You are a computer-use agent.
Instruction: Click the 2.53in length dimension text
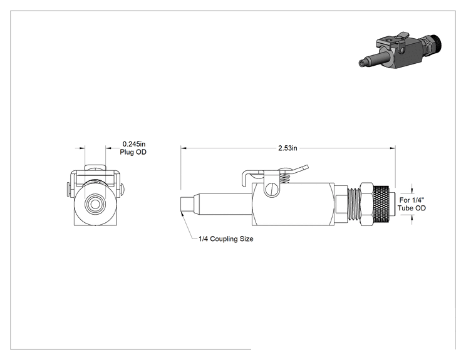[287, 148]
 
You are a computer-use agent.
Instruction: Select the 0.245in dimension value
[134, 144]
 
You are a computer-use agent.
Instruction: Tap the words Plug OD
[133, 152]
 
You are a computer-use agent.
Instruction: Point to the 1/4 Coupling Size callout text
[226, 239]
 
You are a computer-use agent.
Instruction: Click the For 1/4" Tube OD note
[412, 204]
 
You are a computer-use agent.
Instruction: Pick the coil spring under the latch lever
[285, 178]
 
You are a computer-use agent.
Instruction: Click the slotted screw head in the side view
[271, 190]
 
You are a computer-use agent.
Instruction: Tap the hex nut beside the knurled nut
[366, 203]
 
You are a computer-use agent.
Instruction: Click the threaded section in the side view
[354, 203]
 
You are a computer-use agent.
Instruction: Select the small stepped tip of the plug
[187, 205]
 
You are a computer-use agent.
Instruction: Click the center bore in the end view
[95, 204]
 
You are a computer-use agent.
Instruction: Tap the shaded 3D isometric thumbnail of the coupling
[400, 51]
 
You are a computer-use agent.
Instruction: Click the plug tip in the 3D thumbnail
[363, 63]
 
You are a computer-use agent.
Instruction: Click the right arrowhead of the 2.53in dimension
[393, 148]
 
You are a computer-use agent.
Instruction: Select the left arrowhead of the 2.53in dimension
[184, 148]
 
